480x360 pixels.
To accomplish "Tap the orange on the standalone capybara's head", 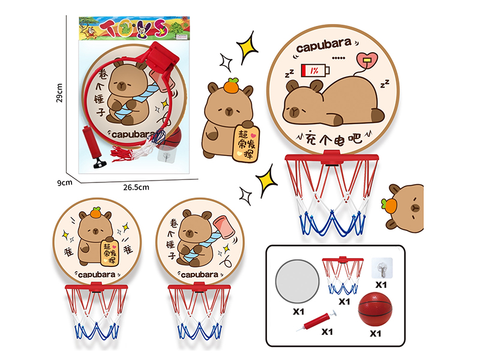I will [x=231, y=88].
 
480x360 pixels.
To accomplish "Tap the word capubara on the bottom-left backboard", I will [x=96, y=275].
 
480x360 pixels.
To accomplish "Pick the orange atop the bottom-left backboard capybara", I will [x=95, y=213].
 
